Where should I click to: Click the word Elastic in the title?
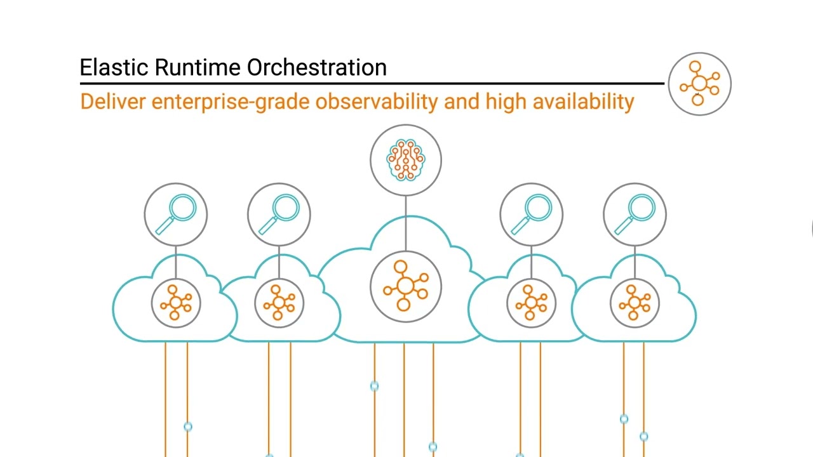[x=114, y=67]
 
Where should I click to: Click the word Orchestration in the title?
[x=316, y=67]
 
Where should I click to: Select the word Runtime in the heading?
[x=198, y=67]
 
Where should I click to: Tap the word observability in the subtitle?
[x=377, y=102]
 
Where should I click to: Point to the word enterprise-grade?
[x=230, y=103]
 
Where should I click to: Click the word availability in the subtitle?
[x=583, y=102]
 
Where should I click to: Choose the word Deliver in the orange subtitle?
[x=113, y=102]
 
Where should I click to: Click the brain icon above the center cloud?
[x=406, y=159]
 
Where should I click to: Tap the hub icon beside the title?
[x=699, y=84]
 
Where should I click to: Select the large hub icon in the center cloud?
[x=406, y=286]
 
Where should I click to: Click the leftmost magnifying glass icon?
[x=176, y=215]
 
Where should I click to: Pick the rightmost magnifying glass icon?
[x=635, y=215]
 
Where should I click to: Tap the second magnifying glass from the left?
[x=279, y=215]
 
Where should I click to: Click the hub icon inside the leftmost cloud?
[x=176, y=303]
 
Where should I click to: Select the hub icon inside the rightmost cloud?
[x=635, y=303]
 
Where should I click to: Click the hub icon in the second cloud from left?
[x=279, y=303]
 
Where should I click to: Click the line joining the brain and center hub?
[x=406, y=223]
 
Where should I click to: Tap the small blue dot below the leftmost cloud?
[x=187, y=426]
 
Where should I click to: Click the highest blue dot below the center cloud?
[x=374, y=385]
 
